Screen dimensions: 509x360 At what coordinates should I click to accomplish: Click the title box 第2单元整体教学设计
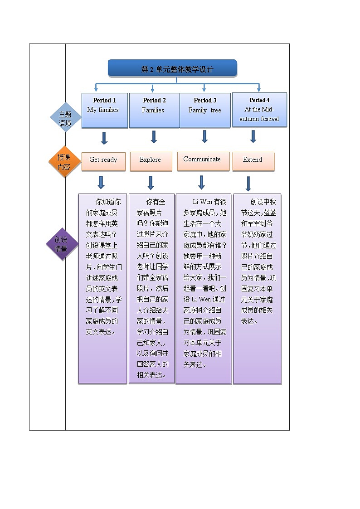click(172, 68)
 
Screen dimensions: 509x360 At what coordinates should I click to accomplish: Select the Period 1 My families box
click(104, 110)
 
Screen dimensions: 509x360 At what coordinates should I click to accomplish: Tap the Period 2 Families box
click(154, 110)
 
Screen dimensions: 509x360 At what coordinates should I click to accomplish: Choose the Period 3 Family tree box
click(205, 110)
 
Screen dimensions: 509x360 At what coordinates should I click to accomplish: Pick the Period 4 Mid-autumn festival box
click(259, 110)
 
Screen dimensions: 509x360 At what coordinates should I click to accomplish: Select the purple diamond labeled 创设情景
click(62, 244)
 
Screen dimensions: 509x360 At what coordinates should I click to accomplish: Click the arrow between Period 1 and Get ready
click(104, 138)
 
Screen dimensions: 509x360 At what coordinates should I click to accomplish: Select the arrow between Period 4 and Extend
click(253, 136)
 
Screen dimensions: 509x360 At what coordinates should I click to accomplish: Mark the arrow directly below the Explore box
click(151, 183)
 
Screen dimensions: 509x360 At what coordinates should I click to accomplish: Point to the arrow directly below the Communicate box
click(202, 182)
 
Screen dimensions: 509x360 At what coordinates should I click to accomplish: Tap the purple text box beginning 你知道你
click(102, 289)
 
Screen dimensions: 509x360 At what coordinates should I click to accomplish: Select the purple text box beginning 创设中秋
click(257, 289)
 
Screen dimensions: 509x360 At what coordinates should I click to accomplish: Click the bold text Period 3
click(205, 100)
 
